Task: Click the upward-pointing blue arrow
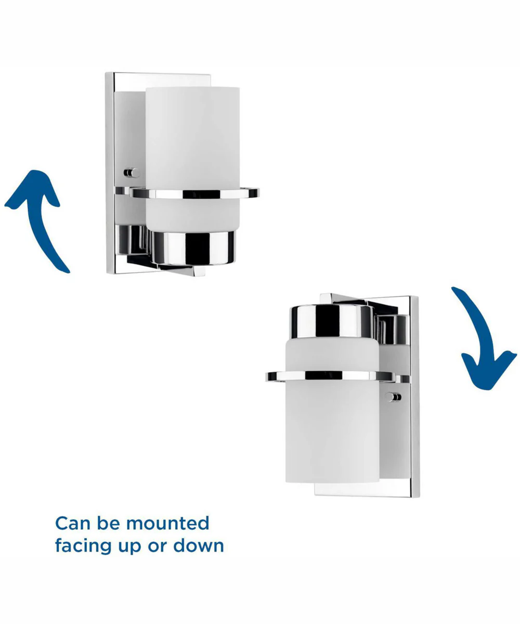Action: (42, 227)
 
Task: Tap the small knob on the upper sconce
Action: (132, 173)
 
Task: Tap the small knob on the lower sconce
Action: (393, 397)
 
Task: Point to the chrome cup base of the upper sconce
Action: (193, 248)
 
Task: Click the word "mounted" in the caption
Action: (167, 524)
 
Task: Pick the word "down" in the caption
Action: (199, 545)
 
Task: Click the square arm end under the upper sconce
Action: (199, 271)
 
